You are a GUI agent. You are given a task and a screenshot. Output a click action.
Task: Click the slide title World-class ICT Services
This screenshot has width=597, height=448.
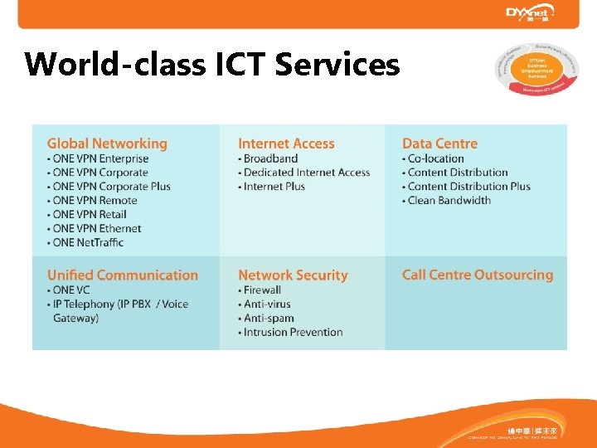tap(212, 64)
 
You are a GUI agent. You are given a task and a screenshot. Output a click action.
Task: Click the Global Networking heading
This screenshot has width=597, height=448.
tap(107, 144)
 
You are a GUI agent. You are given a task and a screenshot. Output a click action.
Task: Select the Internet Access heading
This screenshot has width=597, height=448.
tap(286, 144)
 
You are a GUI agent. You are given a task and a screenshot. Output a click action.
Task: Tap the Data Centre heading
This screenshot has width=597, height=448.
tap(439, 144)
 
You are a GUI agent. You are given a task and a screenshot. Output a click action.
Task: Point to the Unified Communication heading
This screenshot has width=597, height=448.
tap(123, 275)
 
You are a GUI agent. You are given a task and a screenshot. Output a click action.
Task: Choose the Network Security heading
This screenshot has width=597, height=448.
tap(293, 275)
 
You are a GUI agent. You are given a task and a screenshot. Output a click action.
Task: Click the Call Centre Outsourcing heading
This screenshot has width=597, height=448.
tap(477, 275)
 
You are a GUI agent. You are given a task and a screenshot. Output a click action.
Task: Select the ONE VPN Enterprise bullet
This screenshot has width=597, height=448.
tap(99, 158)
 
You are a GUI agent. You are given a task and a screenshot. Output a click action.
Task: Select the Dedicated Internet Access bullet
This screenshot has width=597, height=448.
tap(306, 173)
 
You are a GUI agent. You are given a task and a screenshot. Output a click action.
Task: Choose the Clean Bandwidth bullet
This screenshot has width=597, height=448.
tap(449, 200)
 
